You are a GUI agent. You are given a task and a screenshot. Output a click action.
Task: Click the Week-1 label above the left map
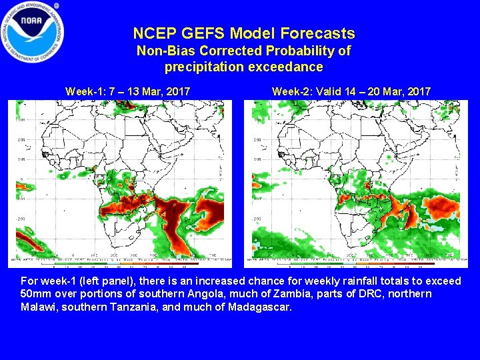83,91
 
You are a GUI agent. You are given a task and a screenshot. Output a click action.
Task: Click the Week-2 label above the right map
291,91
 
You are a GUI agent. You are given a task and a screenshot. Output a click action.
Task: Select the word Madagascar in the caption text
259,307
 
